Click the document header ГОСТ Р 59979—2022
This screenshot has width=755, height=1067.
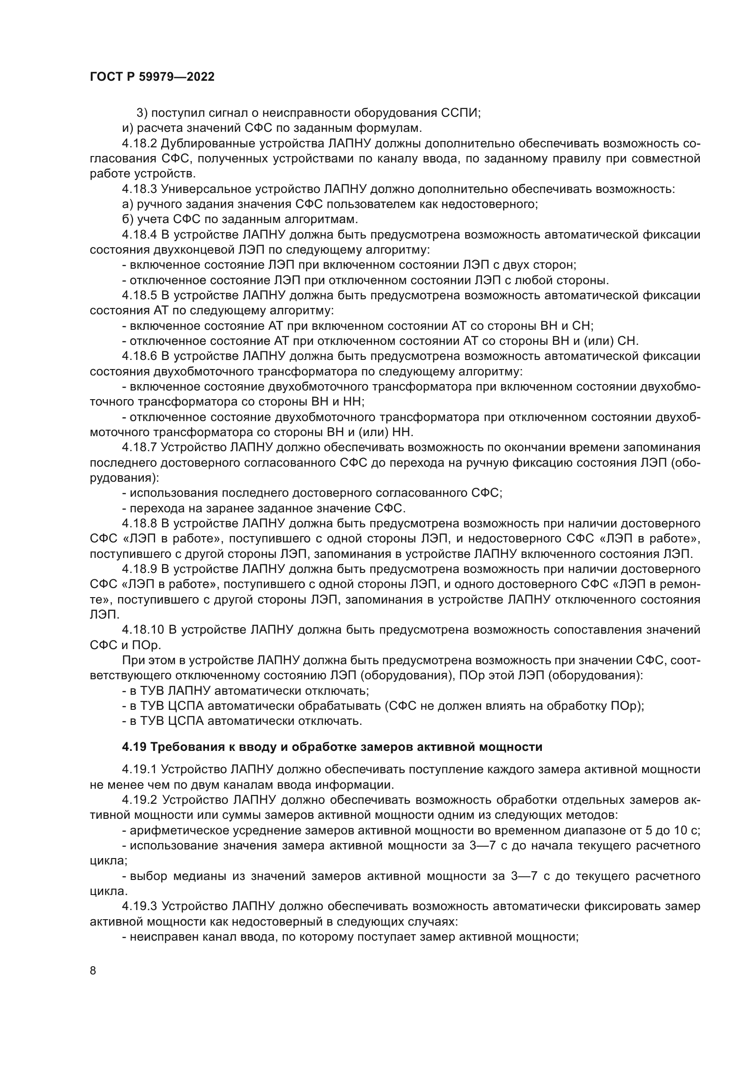click(x=152, y=77)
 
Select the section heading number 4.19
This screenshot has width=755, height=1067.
click(x=134, y=747)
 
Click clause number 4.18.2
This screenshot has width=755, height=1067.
click(x=140, y=144)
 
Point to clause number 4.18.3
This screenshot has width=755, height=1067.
click(x=140, y=189)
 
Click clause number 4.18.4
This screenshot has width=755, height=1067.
click(x=140, y=234)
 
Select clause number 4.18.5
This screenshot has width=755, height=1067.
click(x=140, y=296)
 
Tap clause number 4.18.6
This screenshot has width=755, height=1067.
click(x=140, y=356)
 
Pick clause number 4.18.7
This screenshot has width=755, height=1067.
click(x=140, y=448)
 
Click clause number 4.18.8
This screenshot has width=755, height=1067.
click(x=140, y=524)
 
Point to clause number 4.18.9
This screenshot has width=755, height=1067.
click(x=140, y=569)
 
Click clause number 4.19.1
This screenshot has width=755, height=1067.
click(x=140, y=770)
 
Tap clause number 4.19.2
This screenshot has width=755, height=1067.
click(x=140, y=800)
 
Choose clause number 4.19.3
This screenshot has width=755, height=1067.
click(x=140, y=907)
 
